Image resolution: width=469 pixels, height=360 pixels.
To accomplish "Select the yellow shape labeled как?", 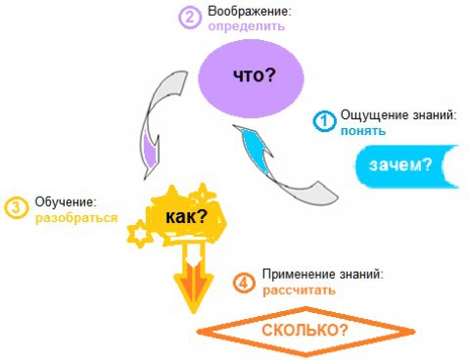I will tap(187, 216).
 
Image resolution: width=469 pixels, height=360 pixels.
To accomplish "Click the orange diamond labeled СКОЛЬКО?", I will tap(305, 331).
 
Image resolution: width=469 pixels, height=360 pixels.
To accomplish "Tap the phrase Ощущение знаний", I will tap(398, 115).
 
